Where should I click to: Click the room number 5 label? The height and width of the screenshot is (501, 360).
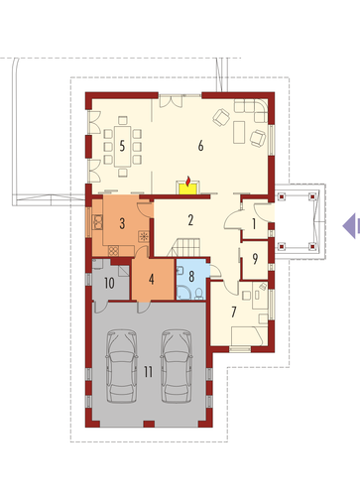(x=122, y=146)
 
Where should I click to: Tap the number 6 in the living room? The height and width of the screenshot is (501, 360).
(x=200, y=146)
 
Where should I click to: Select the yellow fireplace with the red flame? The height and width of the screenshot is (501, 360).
(x=188, y=187)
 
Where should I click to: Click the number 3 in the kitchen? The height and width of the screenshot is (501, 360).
(x=122, y=223)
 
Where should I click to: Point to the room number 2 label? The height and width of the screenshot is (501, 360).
(x=190, y=220)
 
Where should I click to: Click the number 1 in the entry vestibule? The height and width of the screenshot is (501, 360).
(x=254, y=224)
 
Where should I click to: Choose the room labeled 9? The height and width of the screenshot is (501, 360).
(x=255, y=259)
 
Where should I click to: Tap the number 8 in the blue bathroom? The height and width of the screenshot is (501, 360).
(x=191, y=276)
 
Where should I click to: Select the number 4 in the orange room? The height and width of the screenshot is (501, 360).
(x=152, y=280)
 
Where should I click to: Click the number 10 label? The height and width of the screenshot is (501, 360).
(x=109, y=283)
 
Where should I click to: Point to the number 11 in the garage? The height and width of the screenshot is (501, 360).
(x=148, y=372)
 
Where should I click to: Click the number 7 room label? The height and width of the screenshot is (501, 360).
(x=234, y=312)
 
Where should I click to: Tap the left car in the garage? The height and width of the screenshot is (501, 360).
(x=122, y=366)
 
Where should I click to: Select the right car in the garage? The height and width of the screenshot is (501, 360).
(x=177, y=366)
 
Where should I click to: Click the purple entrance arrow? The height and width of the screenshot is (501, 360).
(x=349, y=226)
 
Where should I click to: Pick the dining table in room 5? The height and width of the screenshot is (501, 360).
(x=123, y=146)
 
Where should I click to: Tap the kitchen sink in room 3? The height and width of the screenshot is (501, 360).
(x=98, y=222)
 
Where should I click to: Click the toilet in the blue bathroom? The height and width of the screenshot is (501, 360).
(x=199, y=294)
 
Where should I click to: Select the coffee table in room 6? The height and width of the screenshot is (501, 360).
(x=239, y=132)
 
